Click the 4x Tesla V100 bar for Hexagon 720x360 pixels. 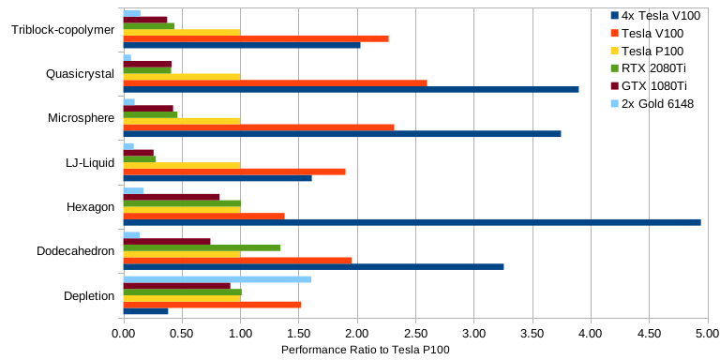[x=412, y=223]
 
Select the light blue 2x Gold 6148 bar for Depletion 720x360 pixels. [x=217, y=279]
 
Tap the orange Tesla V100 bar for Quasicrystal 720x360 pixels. [x=276, y=83]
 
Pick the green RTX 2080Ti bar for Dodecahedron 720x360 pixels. [x=202, y=247]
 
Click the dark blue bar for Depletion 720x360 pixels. [x=146, y=311]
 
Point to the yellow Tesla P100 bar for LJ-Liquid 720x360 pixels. [x=182, y=165]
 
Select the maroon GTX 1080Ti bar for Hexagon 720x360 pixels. [x=172, y=197]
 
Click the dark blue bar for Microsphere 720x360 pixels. [x=342, y=134]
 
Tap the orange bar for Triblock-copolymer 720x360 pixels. [x=256, y=38]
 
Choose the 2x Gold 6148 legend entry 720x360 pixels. [x=652, y=104]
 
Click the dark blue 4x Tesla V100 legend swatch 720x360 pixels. [x=615, y=16]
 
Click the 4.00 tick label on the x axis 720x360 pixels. [x=591, y=332]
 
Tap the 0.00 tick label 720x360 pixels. [x=124, y=332]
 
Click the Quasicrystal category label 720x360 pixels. [x=81, y=74]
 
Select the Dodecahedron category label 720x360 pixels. [x=76, y=251]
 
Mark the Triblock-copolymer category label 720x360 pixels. [x=63, y=30]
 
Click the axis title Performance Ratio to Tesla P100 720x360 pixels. [x=366, y=350]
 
